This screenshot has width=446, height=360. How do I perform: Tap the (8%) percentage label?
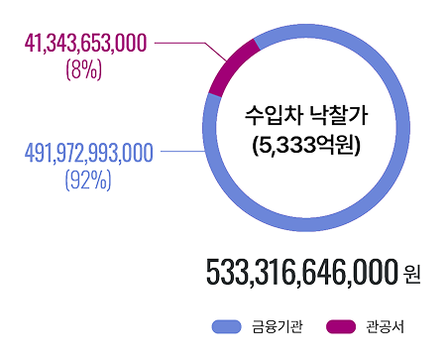tap(79, 68)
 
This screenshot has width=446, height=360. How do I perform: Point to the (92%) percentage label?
tap(79, 180)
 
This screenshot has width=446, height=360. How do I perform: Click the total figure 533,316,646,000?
tap(302, 271)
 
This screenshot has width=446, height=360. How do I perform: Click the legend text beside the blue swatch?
tap(277, 326)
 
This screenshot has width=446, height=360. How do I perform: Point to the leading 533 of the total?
tap(225, 271)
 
